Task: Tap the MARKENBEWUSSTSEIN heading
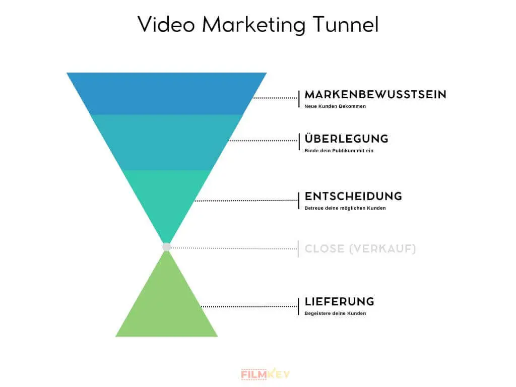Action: tap(375, 95)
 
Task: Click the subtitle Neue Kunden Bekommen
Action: tap(335, 106)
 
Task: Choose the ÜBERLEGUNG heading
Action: tap(346, 139)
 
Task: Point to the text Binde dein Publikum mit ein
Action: tap(339, 151)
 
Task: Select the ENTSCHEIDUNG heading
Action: tap(353, 196)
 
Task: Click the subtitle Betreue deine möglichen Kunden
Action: tap(345, 208)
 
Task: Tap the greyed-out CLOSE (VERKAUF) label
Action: tap(360, 248)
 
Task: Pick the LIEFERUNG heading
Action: tap(339, 302)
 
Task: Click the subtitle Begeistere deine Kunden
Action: tap(335, 313)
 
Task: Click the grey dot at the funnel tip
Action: tap(167, 247)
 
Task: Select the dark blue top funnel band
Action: tap(166, 94)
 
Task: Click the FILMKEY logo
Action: tap(265, 374)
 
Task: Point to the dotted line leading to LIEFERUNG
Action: tap(249, 306)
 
